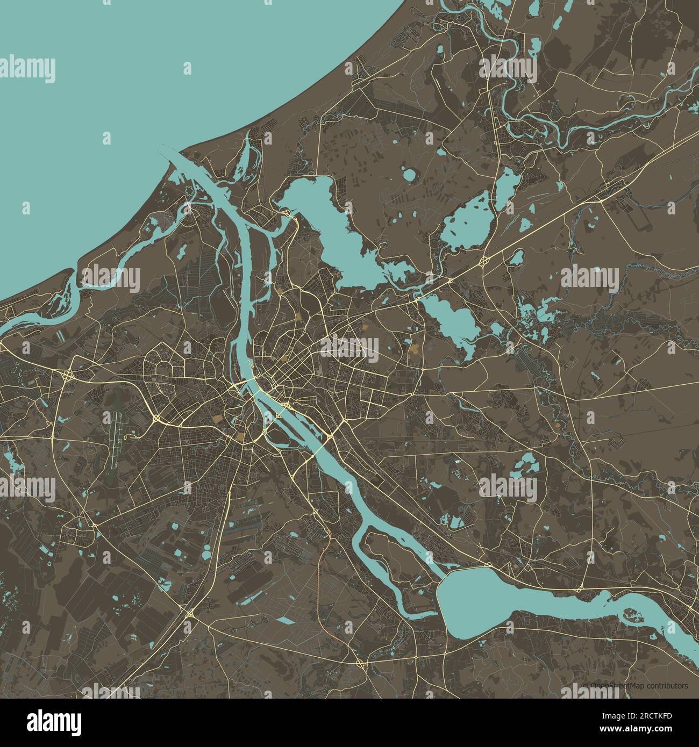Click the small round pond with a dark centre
click(410, 175)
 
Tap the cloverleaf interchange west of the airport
click(69, 376)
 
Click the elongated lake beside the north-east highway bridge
click(452, 322)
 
